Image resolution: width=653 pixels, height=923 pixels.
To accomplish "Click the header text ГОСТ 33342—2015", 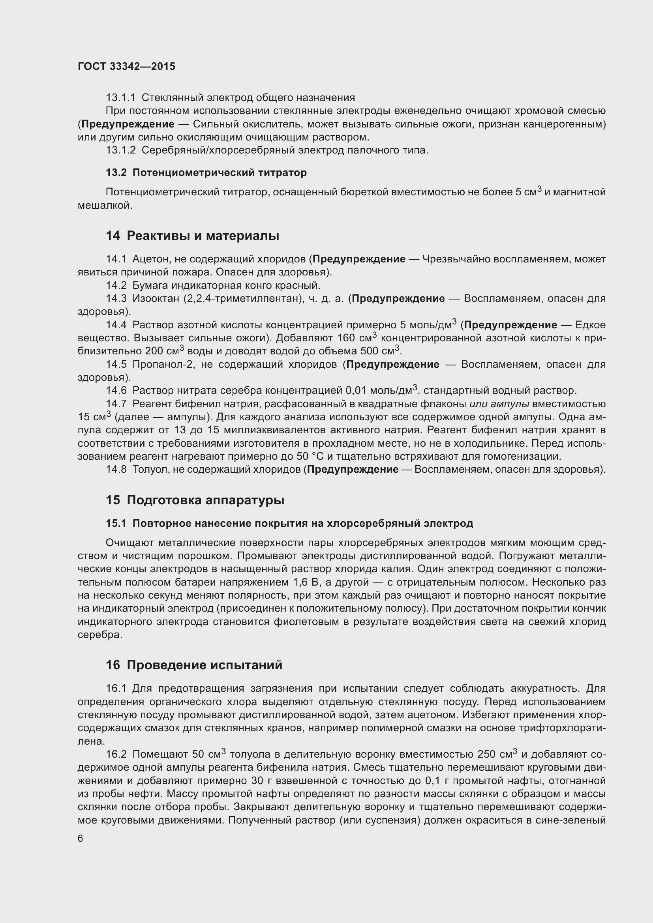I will pos(127,67).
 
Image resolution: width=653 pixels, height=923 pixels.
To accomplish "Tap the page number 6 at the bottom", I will pos(81,839).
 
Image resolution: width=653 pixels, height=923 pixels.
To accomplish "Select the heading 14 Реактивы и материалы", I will pos(193,236).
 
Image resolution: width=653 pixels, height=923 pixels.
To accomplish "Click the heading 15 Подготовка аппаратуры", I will pos(195,500).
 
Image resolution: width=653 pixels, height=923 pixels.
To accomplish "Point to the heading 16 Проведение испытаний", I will pos(194,665).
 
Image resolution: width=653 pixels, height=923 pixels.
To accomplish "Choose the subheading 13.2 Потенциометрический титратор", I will pos(206,172).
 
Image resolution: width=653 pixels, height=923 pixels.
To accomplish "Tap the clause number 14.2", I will pos(116,285).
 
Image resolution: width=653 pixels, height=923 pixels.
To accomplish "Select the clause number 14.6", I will pos(116,390).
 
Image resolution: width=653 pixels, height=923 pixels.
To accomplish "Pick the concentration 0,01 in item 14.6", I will pos(356,390).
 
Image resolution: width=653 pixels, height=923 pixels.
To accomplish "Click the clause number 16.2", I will pos(116,755).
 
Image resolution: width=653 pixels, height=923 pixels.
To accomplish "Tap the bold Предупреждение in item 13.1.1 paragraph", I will pos(128,124).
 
